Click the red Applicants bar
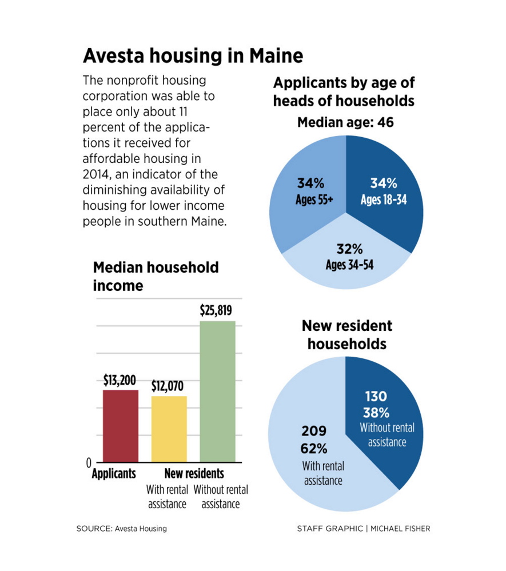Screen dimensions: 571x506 click(x=121, y=426)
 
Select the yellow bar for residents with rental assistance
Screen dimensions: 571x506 click(x=169, y=429)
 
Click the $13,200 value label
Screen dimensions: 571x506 click(x=121, y=380)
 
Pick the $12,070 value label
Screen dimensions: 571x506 click(x=169, y=386)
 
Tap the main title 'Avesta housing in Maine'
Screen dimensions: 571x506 click(x=193, y=56)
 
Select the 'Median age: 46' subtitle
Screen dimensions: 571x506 click(x=346, y=122)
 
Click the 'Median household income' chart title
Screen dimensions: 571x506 click(x=156, y=276)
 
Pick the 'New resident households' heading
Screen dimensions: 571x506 click(x=347, y=335)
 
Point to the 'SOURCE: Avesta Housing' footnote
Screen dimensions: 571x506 click(x=122, y=529)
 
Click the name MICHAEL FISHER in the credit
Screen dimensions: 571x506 click(x=400, y=529)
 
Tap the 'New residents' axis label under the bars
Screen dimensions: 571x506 click(x=194, y=474)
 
